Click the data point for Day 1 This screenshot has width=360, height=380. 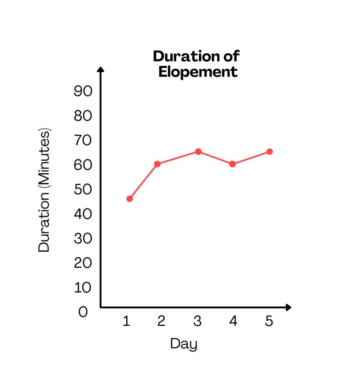pyautogui.click(x=129, y=199)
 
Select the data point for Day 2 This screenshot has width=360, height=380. pyautogui.click(x=157, y=164)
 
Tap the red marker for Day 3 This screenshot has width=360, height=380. pyautogui.click(x=198, y=152)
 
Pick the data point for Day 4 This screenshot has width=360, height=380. pyautogui.click(x=232, y=164)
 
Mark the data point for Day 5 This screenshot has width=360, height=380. pyautogui.click(x=269, y=152)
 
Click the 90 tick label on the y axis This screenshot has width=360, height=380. pyautogui.click(x=83, y=91)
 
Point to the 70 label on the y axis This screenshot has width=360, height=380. pyautogui.click(x=83, y=140)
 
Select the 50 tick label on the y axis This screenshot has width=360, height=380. pyautogui.click(x=83, y=189)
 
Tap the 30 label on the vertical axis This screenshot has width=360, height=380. pyautogui.click(x=83, y=239)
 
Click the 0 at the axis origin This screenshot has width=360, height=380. pyautogui.click(x=83, y=312)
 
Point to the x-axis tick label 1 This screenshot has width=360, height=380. pyautogui.click(x=126, y=321)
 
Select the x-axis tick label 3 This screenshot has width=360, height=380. pyautogui.click(x=198, y=321)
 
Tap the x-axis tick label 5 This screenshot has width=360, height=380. pyautogui.click(x=269, y=321)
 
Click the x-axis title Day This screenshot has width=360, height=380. pyautogui.click(x=184, y=344)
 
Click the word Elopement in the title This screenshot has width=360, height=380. pyautogui.click(x=198, y=72)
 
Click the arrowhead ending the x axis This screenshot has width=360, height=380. pyautogui.click(x=288, y=308)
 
